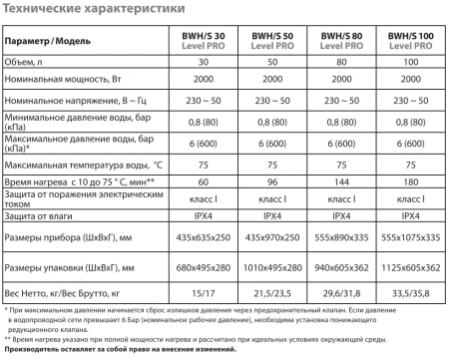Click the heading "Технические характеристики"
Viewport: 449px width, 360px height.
75,11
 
